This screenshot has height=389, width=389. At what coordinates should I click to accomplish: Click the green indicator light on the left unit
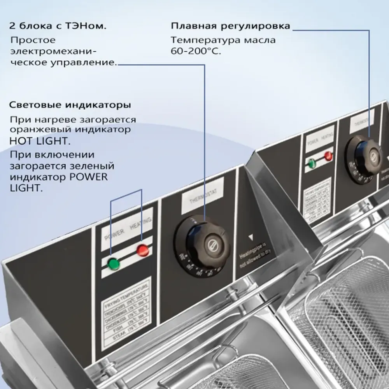click(x=114, y=264)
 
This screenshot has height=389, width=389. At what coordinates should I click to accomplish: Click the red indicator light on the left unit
click(x=143, y=250)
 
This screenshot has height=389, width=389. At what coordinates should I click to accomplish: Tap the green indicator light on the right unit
click(x=312, y=163)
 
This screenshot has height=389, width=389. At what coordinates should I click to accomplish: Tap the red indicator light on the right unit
click(x=329, y=156)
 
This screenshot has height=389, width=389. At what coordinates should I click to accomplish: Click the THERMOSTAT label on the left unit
click(x=202, y=196)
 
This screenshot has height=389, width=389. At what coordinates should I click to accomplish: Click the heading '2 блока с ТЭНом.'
click(x=58, y=27)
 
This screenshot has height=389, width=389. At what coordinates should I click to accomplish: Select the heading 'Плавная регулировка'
click(x=230, y=26)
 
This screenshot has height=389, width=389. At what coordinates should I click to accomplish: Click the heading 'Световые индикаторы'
click(x=70, y=105)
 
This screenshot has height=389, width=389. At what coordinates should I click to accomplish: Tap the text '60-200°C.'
click(x=196, y=51)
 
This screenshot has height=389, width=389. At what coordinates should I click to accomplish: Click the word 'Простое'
click(x=33, y=40)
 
